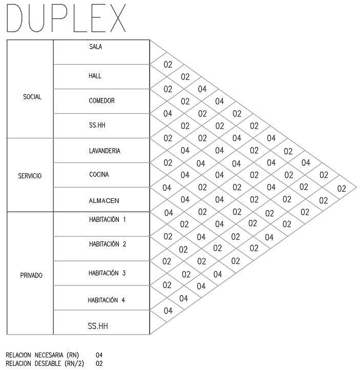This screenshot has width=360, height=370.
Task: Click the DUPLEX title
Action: click(67, 19)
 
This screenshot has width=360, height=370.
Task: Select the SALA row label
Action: click(96, 47)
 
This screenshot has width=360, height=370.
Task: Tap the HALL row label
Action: click(95, 76)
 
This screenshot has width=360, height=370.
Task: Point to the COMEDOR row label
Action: click(101, 101)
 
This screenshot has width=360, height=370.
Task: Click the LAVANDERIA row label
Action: click(105, 151)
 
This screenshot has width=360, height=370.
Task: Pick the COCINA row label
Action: click(98, 174)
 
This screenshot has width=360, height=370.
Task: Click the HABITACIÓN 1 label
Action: click(107, 219)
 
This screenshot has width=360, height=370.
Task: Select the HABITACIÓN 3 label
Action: click(107, 273)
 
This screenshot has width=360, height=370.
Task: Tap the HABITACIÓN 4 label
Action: click(107, 300)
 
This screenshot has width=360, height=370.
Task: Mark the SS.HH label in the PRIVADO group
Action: click(98, 325)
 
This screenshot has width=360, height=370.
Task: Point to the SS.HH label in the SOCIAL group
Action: click(97, 124)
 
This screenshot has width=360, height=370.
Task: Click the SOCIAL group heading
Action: click(32, 97)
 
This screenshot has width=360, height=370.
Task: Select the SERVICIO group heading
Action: click(30, 176)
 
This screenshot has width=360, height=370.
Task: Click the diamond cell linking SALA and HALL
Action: click(167, 65)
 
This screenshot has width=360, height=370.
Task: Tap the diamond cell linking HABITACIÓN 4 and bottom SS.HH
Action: click(168, 310)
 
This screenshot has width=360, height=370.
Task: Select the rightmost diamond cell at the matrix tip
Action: click(342, 188)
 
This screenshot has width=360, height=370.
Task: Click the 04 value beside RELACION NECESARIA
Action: click(99, 354)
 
